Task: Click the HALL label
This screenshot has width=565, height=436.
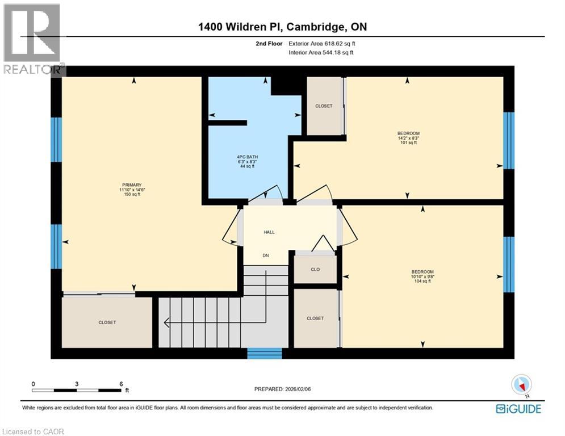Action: [x=269, y=232]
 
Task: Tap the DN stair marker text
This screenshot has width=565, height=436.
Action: [x=265, y=255]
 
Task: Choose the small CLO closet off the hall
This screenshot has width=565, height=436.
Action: [x=316, y=270]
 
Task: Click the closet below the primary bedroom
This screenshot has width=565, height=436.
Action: [x=107, y=322]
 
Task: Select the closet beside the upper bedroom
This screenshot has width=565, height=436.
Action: [x=324, y=106]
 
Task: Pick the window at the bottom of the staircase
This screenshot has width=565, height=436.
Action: [x=265, y=353]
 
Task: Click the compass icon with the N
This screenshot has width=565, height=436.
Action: [x=520, y=385]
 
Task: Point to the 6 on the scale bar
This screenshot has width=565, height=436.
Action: [x=121, y=383]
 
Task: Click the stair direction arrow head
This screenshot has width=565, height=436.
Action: [x=166, y=323]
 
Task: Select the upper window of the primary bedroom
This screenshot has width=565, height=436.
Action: [x=56, y=140]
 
